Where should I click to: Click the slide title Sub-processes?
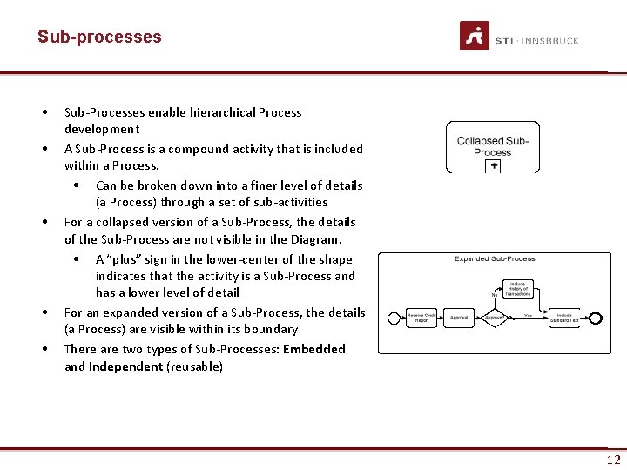99,37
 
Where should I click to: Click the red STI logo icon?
475,37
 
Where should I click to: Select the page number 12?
613,460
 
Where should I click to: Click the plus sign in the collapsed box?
494,165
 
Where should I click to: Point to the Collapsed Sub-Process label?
493,145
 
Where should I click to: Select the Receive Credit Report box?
421,318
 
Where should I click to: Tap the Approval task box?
459,318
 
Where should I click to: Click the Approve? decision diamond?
494,318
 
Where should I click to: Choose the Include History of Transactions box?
518,289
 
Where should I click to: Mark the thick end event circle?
596,318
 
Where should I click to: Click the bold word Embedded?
313,349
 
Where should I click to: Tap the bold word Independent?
125,366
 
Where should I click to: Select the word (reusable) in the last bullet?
194,366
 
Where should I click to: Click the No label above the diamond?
494,294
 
